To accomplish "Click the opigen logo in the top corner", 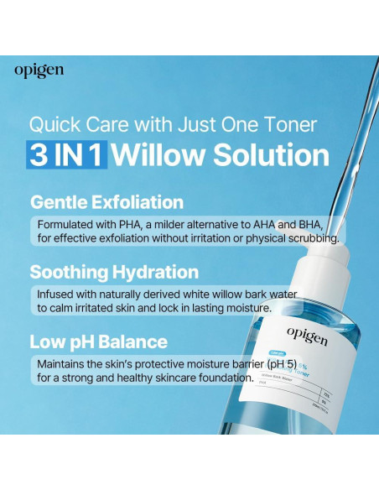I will point(39,71).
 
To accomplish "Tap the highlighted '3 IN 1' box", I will point(68,155).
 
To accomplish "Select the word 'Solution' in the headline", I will point(269,155).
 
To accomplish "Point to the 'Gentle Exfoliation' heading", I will point(106,202).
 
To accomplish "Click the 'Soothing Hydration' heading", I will point(114,273).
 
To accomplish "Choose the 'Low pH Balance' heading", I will point(98,342).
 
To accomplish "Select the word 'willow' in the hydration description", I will point(224,294).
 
